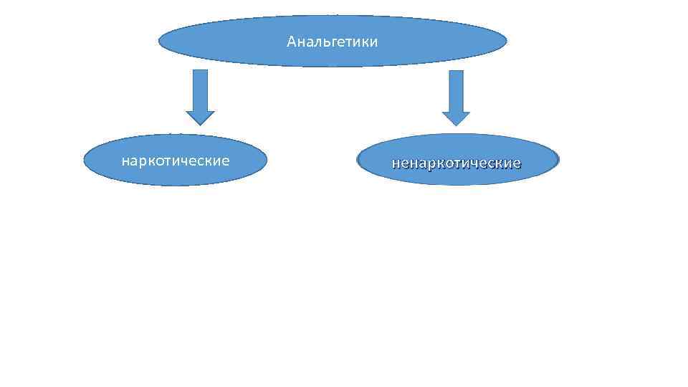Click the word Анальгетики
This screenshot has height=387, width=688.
332,42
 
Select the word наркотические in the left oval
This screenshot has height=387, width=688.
176,161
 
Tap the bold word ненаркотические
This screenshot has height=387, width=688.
457,163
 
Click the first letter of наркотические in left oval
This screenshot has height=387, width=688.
125,161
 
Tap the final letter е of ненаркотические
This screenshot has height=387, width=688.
517,163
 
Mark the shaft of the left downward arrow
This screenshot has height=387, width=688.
200,90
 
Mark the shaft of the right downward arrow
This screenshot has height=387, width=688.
456,90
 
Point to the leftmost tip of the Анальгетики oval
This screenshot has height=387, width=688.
159,42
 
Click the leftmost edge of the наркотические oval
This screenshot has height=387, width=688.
84,161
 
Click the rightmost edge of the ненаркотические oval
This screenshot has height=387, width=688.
558,160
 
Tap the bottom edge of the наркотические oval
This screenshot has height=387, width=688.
176,186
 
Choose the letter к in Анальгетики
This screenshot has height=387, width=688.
362,42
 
